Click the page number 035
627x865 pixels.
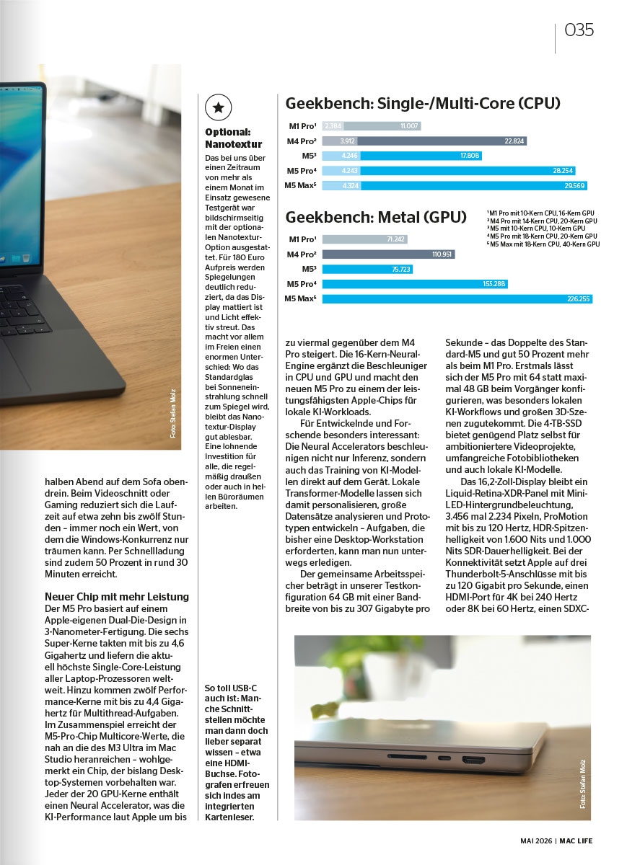[579, 30]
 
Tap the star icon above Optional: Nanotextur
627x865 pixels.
[219, 107]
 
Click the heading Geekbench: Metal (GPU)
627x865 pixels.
[376, 217]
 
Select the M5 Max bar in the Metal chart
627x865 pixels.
[457, 299]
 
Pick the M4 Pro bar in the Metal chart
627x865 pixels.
[388, 254]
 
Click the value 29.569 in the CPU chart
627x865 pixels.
[575, 186]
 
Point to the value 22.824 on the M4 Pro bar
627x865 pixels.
[514, 141]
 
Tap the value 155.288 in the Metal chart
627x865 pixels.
[494, 284]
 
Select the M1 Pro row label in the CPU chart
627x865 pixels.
[303, 126]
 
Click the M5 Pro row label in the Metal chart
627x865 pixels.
[302, 284]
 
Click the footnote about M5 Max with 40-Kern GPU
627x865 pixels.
[543, 244]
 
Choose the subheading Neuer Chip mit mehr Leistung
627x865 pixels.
[117, 597]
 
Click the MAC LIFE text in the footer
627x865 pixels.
[577, 841]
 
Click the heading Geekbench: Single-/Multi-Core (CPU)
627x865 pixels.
[423, 104]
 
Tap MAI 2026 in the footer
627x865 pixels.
[537, 841]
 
